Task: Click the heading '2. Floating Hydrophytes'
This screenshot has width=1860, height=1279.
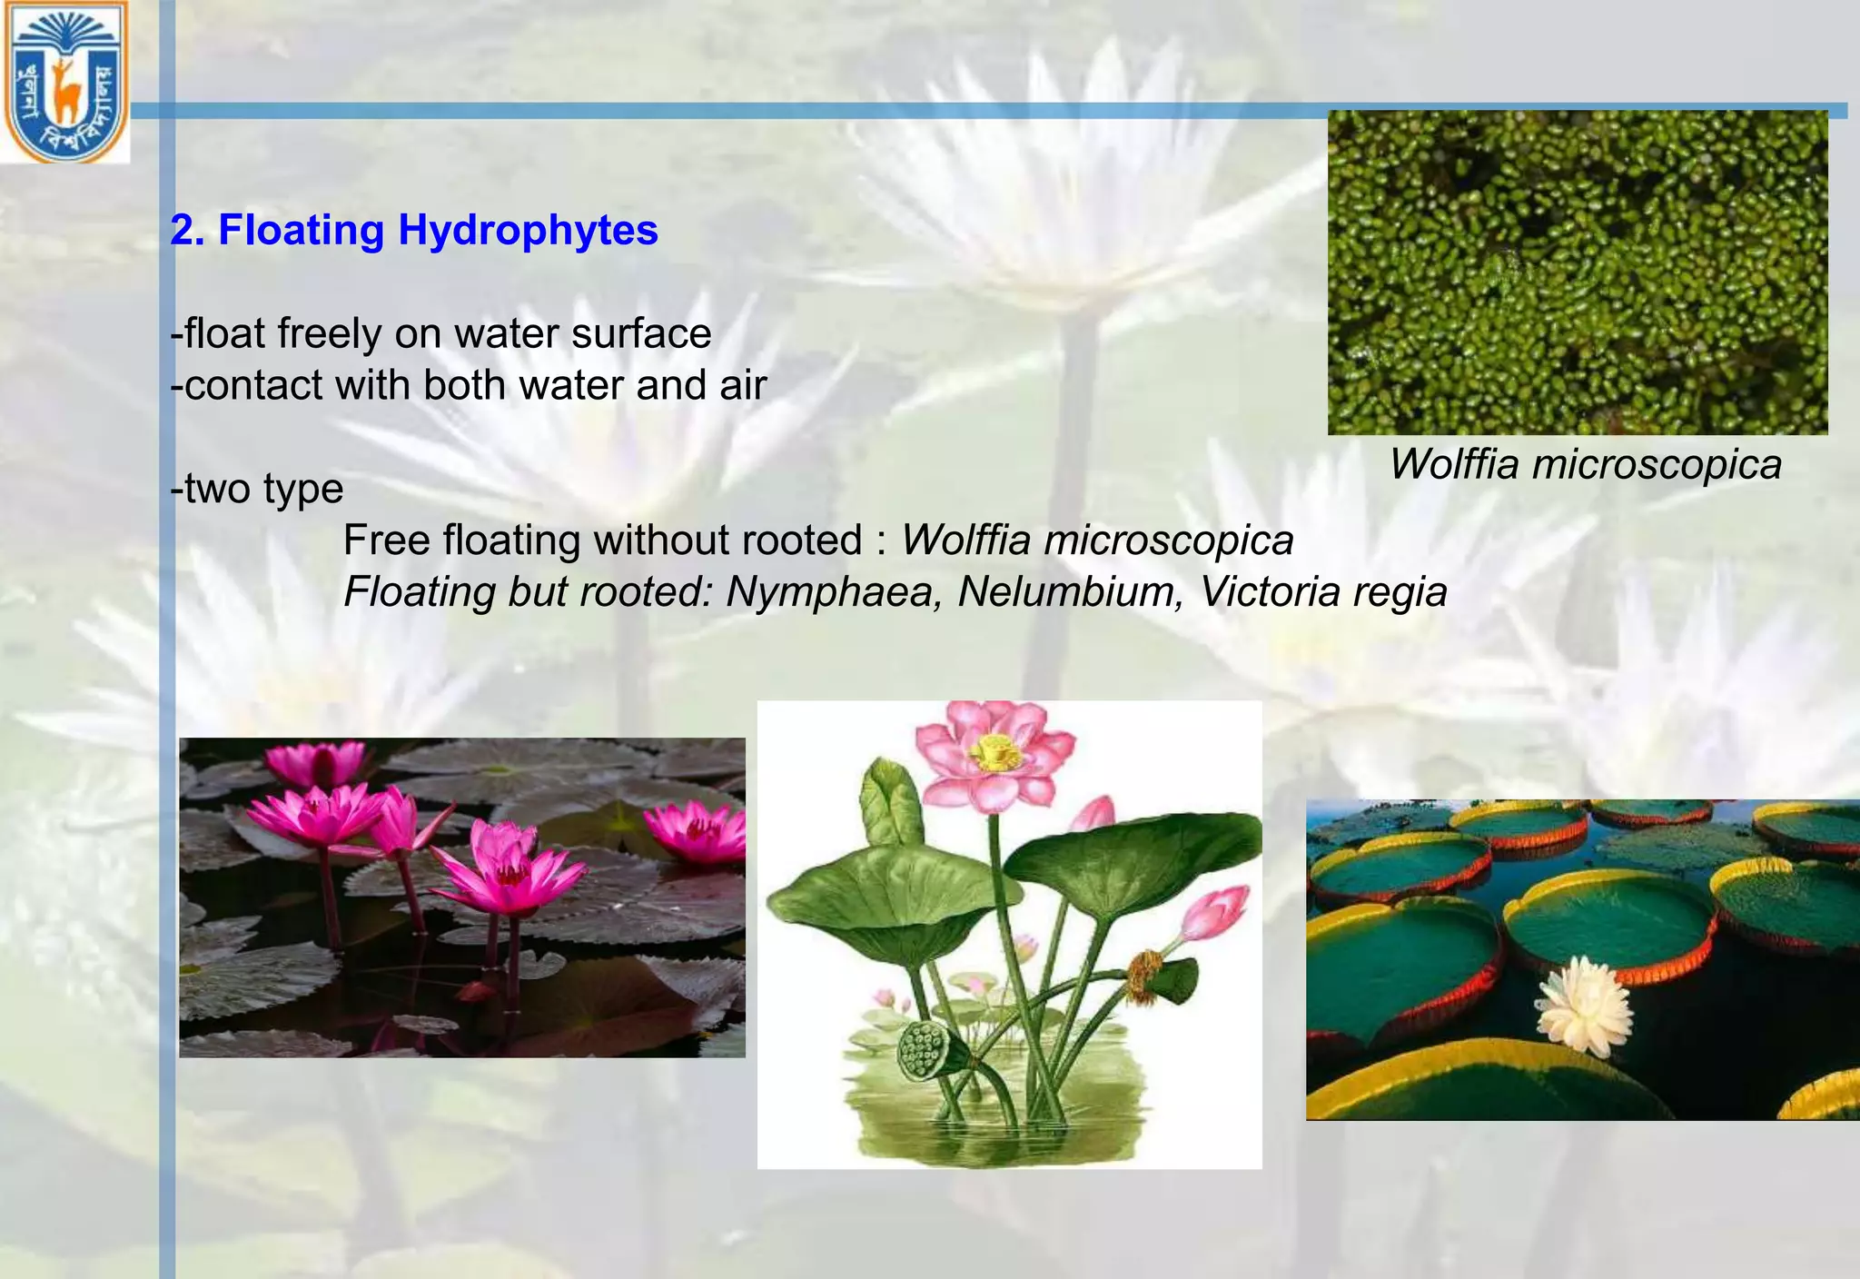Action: click(x=414, y=230)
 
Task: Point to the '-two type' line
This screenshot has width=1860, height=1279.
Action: click(x=257, y=489)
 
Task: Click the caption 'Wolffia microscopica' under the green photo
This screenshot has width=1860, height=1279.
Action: click(x=1585, y=464)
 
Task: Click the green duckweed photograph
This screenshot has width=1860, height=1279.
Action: click(x=1578, y=273)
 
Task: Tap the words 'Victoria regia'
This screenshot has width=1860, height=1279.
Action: click(x=1323, y=592)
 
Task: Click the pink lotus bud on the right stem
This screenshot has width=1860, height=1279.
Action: click(x=1216, y=913)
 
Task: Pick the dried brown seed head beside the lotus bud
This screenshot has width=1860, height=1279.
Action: click(x=1146, y=977)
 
